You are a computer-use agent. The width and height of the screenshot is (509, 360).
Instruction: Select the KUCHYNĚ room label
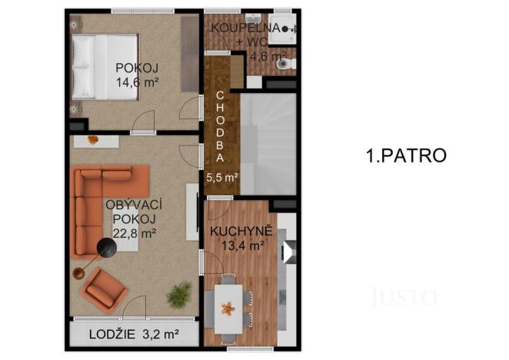[237, 229]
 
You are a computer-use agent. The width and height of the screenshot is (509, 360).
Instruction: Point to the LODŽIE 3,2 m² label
[134, 334]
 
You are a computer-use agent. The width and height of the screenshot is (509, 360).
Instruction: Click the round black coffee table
[106, 246]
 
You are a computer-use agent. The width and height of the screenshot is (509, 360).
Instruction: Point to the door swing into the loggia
[135, 306]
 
